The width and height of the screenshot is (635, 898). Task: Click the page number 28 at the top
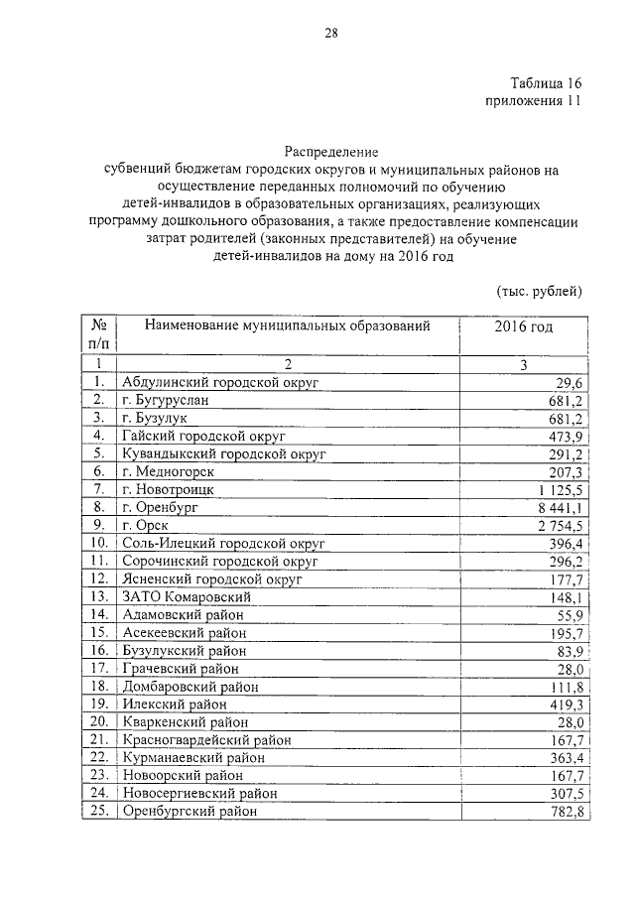[x=331, y=34]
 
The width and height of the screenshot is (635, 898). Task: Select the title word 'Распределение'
[x=332, y=152]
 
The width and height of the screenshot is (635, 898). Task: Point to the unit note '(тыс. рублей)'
[x=538, y=291]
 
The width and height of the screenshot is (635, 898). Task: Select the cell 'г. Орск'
[x=145, y=525]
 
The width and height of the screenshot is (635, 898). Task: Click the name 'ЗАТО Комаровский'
[x=186, y=597]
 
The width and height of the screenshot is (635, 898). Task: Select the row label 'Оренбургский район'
[x=189, y=811]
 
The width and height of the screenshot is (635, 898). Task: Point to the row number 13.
[x=98, y=597]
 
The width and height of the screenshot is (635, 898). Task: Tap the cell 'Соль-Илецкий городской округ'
[x=223, y=544]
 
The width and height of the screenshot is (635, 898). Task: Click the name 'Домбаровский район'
[x=190, y=686]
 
